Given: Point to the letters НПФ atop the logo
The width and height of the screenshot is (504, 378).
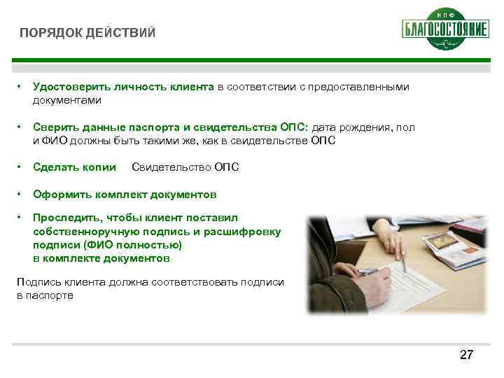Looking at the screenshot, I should click(x=445, y=14).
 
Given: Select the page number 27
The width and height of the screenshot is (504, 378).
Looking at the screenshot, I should click(x=466, y=356).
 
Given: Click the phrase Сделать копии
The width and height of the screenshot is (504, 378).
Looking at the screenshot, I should click(x=74, y=167).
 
